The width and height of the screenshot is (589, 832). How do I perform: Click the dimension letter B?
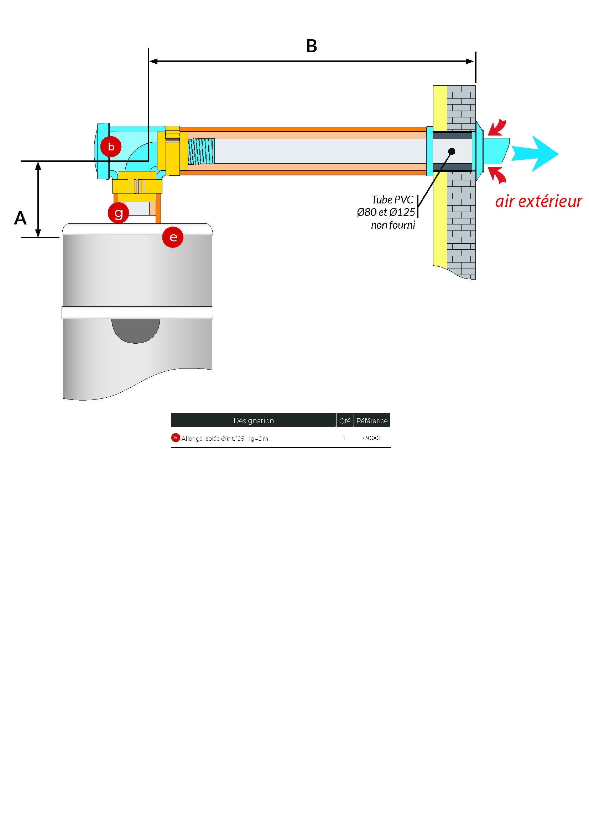[311, 46]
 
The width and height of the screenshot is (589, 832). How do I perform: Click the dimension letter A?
[20, 218]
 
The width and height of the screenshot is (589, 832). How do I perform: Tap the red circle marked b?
[111, 147]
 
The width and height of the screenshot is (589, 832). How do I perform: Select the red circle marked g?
[118, 213]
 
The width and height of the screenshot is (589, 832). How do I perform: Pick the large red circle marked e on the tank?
[173, 237]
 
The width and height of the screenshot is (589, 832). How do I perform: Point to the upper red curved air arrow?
[497, 128]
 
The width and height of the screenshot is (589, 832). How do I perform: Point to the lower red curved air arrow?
[497, 174]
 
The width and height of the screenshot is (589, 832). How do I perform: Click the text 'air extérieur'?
[538, 201]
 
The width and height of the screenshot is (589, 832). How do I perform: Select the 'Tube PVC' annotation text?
[392, 200]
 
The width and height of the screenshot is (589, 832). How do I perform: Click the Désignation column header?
[254, 421]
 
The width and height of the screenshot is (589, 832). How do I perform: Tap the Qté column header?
[345, 421]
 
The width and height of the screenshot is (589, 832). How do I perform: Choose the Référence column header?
[372, 421]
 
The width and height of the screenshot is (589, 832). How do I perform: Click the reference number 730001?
[371, 438]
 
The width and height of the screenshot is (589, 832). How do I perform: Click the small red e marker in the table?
[175, 438]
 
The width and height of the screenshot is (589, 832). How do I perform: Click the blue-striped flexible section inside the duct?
[201, 151]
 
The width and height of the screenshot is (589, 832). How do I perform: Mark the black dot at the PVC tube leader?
[452, 151]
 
